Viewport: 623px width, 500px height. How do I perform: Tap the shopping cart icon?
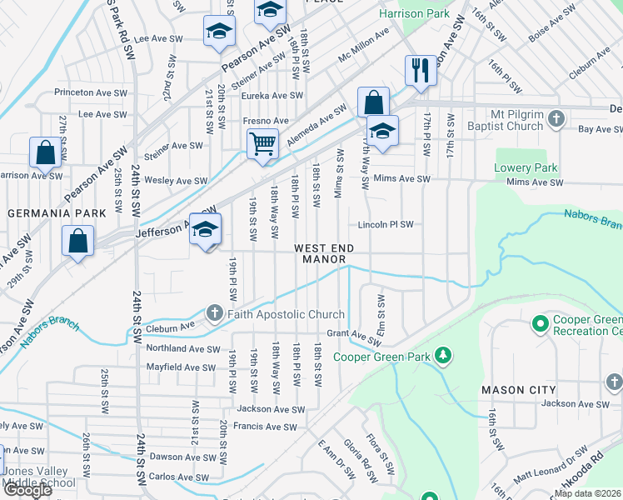(262, 142)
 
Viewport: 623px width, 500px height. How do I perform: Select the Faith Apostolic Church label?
(286, 314)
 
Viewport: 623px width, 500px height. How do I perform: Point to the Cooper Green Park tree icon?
(443, 357)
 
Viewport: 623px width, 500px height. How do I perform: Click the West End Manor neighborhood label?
(323, 254)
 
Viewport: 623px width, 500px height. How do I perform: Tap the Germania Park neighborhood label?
(57, 213)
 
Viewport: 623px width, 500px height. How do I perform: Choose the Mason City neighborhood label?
(518, 389)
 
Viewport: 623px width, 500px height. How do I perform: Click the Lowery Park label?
(526, 168)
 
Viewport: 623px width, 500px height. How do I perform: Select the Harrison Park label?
(414, 14)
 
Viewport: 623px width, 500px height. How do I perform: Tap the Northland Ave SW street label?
(183, 349)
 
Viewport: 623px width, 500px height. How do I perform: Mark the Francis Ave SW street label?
(267, 427)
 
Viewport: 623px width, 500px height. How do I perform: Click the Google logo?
(27, 489)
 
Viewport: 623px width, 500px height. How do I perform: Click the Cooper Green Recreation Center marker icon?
(540, 322)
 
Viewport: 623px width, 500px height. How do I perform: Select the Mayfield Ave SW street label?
(182, 367)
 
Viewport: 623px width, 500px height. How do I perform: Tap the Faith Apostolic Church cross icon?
(215, 313)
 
